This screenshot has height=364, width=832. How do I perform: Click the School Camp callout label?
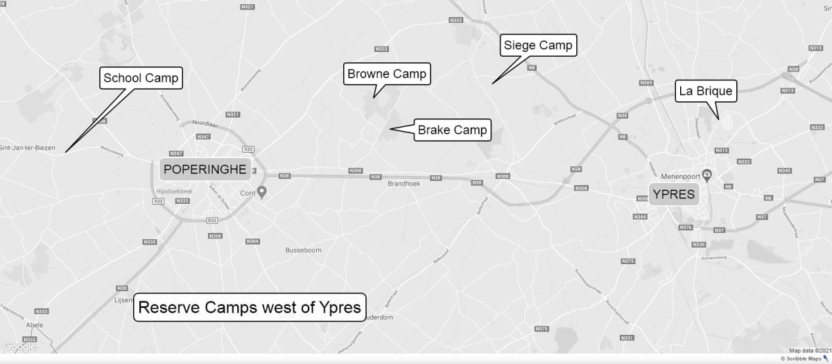click(x=141, y=78)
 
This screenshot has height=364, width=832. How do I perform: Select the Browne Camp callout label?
click(x=387, y=73)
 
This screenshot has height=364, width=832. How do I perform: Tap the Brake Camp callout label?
click(x=452, y=130)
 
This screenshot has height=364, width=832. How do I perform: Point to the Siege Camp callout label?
click(x=538, y=46)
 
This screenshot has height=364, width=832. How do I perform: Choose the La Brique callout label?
click(x=705, y=91)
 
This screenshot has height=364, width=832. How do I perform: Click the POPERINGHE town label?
click(x=205, y=169)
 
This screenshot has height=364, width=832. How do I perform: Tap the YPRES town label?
click(x=673, y=194)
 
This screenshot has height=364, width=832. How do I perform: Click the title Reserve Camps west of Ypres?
click(x=250, y=307)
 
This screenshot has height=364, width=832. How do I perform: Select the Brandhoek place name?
click(x=404, y=184)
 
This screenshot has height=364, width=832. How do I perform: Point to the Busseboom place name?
click(x=304, y=250)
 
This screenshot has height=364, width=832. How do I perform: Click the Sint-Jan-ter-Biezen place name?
click(x=26, y=148)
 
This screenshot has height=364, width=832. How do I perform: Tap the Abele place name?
click(x=35, y=324)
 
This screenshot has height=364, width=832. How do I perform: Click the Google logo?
click(x=19, y=347)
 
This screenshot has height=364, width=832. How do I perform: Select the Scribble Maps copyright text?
click(x=804, y=358)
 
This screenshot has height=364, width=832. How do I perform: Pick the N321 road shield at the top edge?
click(x=247, y=7)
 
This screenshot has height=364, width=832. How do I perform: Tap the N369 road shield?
click(x=646, y=83)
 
